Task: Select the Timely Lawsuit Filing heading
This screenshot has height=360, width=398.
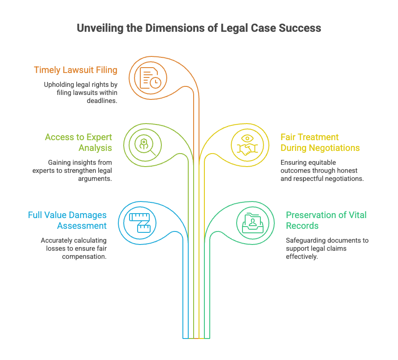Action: (75, 70)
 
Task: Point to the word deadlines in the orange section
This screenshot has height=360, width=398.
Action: (102, 101)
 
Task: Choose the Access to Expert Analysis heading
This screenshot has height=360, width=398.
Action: (78, 142)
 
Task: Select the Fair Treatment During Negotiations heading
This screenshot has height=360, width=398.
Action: (320, 142)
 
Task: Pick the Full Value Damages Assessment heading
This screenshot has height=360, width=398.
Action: (67, 220)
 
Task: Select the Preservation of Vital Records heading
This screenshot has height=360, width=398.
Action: (326, 220)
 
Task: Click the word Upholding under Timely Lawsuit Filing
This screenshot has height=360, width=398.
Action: (58, 85)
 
